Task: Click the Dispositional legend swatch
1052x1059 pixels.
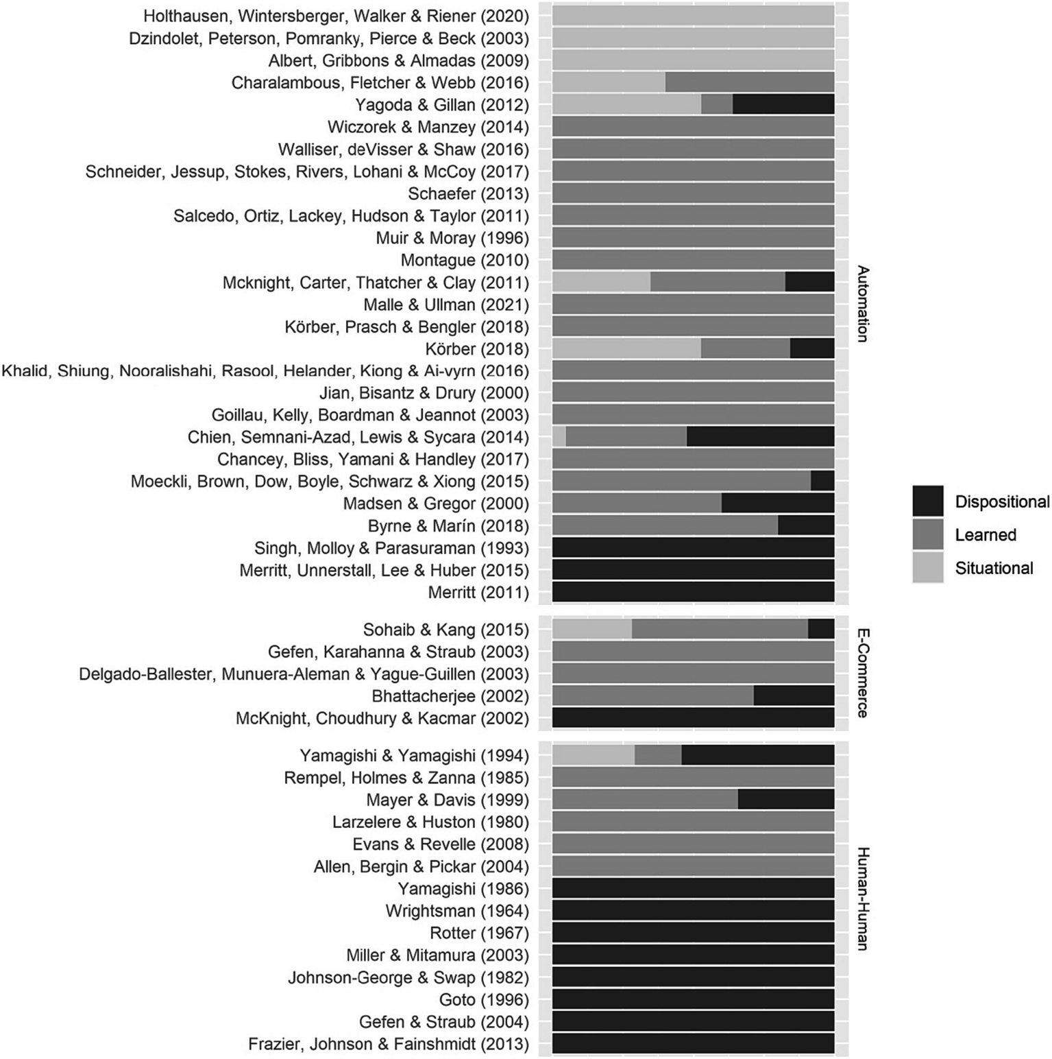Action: (928, 501)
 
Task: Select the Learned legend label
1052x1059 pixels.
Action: (985, 535)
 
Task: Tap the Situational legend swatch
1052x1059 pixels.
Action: (928, 568)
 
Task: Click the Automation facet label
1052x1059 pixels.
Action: (862, 303)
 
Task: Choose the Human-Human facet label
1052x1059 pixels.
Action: (862, 899)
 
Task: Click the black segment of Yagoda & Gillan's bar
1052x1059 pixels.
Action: (783, 105)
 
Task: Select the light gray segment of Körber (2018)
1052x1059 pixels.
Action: (626, 348)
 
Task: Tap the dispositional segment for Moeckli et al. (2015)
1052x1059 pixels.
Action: (822, 481)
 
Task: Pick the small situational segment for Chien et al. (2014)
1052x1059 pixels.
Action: (559, 437)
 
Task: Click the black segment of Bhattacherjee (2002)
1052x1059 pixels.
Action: (794, 695)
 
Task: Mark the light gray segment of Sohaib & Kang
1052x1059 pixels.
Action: (592, 629)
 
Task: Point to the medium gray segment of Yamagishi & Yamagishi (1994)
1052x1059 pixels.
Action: (658, 755)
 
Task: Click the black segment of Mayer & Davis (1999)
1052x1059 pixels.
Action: (786, 800)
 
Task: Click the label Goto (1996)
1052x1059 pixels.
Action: (484, 999)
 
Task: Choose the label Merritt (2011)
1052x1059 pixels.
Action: (478, 592)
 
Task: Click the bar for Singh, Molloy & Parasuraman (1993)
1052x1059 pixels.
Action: (693, 547)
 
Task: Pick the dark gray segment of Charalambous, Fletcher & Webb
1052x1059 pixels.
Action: (750, 82)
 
